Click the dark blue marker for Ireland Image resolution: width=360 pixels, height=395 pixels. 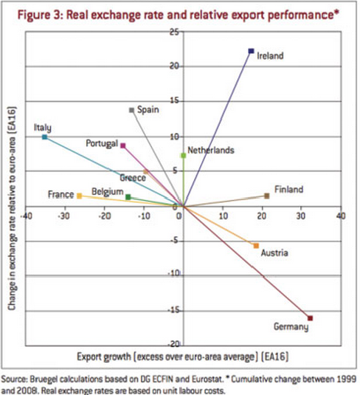pyautogui.click(x=251, y=51)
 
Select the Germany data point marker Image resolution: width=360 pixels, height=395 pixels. pyautogui.click(x=311, y=317)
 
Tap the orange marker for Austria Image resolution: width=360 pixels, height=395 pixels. pyautogui.click(x=256, y=245)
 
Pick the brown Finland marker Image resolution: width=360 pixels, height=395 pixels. pyautogui.click(x=267, y=196)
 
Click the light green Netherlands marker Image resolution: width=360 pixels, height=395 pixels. pyautogui.click(x=183, y=156)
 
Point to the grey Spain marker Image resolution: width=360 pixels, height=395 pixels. pyautogui.click(x=131, y=110)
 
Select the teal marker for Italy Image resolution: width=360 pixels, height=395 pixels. pyautogui.click(x=45, y=137)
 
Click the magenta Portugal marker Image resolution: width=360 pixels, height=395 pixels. pyautogui.click(x=123, y=146)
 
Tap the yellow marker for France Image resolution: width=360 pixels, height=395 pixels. pyautogui.click(x=79, y=196)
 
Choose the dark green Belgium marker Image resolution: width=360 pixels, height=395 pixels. pyautogui.click(x=128, y=197)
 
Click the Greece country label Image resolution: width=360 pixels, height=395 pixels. pyautogui.click(x=132, y=177)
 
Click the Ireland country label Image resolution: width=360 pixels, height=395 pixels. pyautogui.click(x=270, y=55)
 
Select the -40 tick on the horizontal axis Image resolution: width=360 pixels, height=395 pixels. pyautogui.click(x=25, y=216)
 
